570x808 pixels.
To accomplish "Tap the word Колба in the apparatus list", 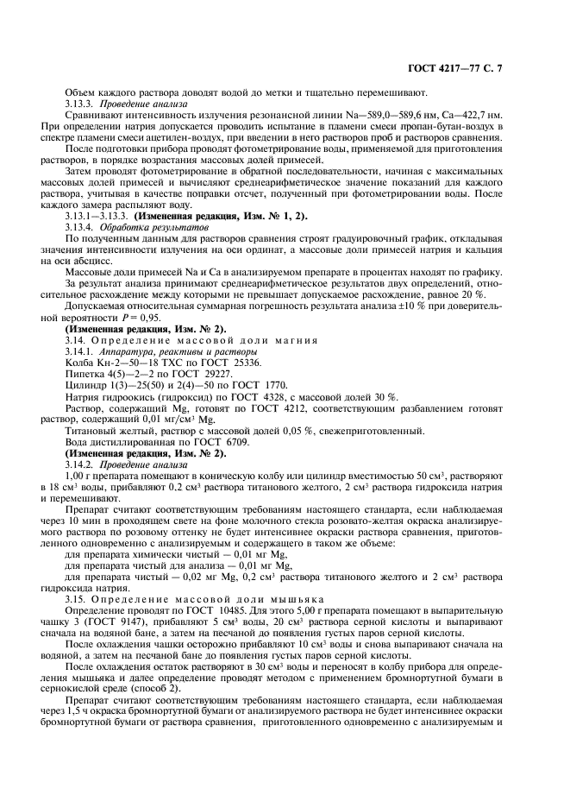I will coord(79,362).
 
